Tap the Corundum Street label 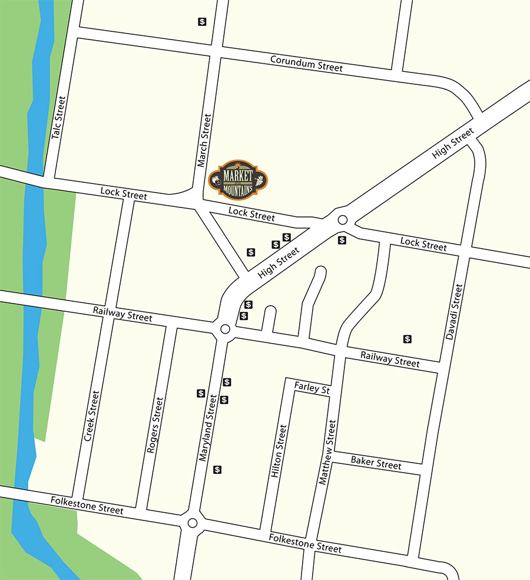tap(306, 64)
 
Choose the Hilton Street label tap(279, 452)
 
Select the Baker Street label tap(376, 463)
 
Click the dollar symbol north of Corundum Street tap(202, 22)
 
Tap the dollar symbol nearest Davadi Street tap(407, 339)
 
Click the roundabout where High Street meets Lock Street tap(343, 220)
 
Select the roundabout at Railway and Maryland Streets tap(224, 329)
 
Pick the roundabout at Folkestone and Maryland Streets tap(192, 523)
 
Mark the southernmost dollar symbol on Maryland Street tap(217, 470)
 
